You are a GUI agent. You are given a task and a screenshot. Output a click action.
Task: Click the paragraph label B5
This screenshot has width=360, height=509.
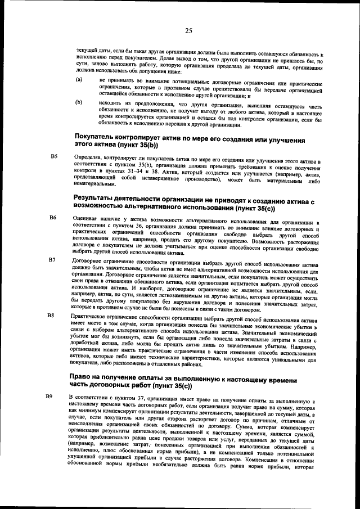click(x=55, y=156)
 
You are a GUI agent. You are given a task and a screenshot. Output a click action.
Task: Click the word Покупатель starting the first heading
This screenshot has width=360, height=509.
click(x=98, y=138)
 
